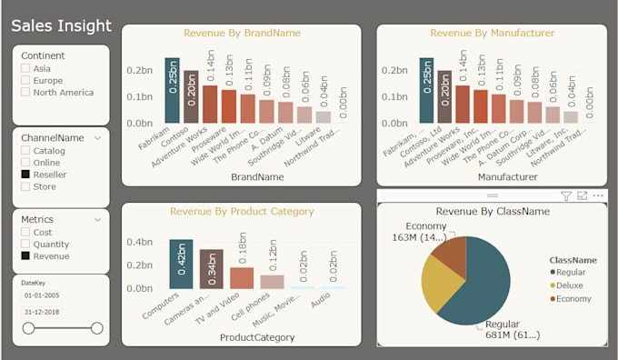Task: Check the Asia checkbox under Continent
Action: coord(25,68)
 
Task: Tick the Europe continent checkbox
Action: coord(25,80)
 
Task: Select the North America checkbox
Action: coord(25,92)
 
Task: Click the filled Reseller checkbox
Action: coord(25,174)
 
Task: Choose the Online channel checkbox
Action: coord(25,162)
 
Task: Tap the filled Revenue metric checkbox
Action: coord(25,256)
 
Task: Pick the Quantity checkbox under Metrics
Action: coord(25,244)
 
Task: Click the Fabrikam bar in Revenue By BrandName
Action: coord(172,90)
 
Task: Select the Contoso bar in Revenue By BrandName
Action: coord(191,96)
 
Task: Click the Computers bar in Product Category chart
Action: coord(181,264)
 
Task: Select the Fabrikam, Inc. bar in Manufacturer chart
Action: coord(425,90)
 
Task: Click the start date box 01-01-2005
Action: coord(43,295)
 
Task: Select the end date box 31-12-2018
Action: coord(43,312)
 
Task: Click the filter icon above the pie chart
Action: coord(565,195)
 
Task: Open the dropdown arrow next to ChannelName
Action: coord(96,138)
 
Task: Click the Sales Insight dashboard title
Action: coord(61,26)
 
